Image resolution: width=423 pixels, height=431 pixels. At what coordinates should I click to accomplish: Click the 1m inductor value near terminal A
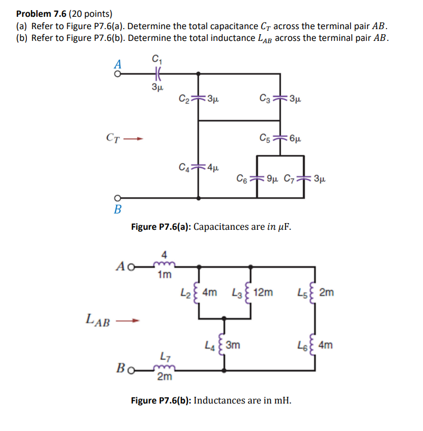coord(164,275)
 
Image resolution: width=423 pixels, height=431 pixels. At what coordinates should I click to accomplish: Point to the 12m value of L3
coord(264,292)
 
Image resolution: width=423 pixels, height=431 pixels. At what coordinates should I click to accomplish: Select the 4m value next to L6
coord(325,345)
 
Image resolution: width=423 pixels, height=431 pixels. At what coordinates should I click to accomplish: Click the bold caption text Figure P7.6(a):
coord(161,227)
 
